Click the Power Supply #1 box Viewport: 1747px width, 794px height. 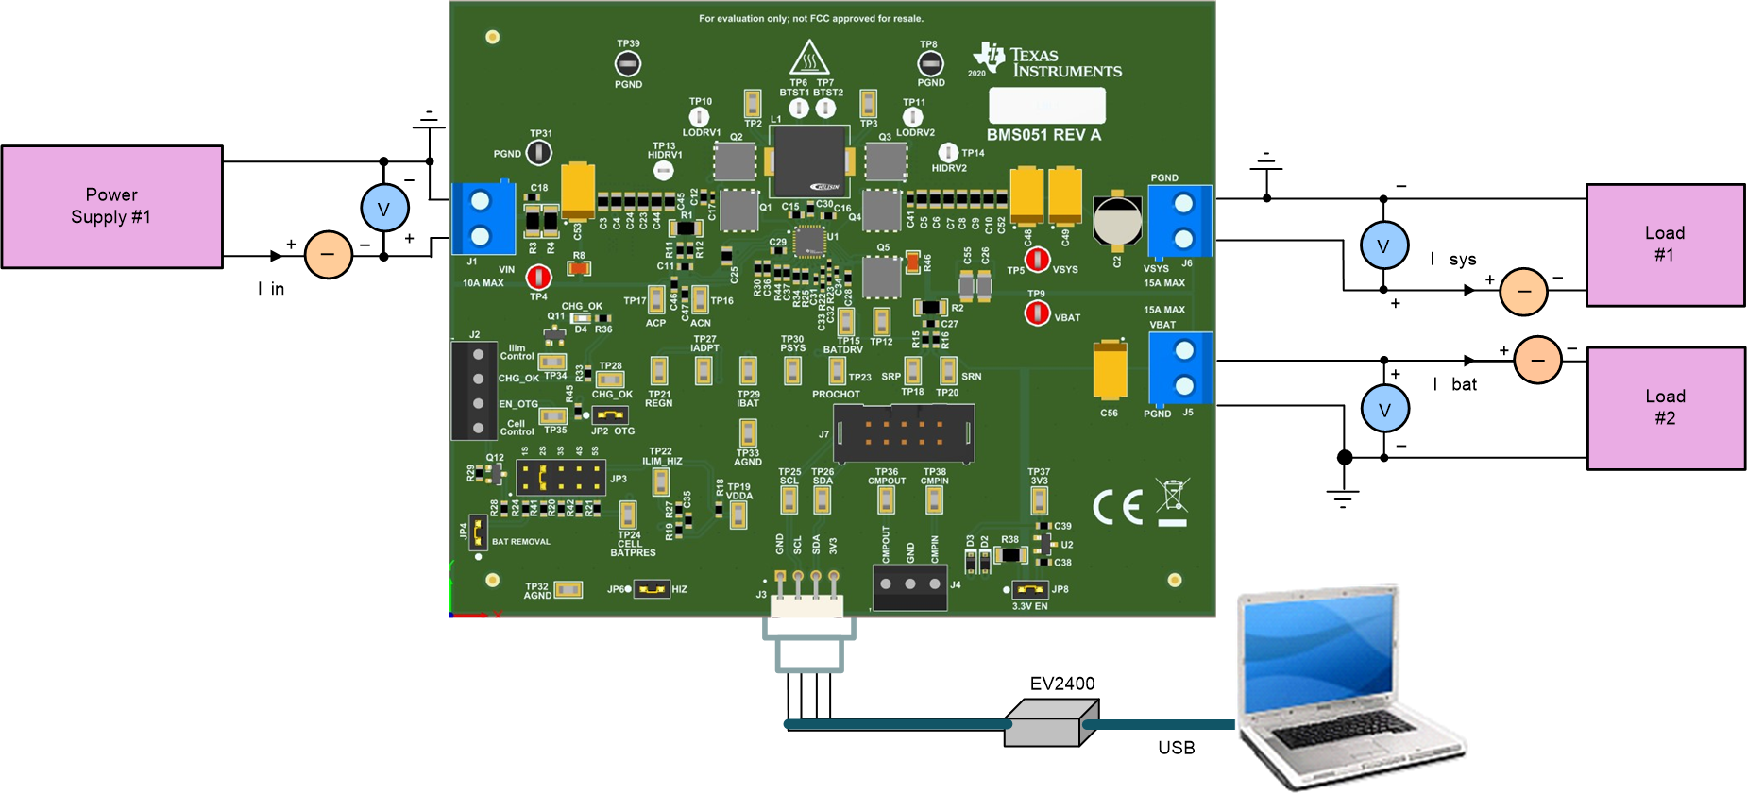pos(111,207)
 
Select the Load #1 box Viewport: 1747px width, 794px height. pos(1665,245)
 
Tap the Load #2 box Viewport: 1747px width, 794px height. pos(1666,408)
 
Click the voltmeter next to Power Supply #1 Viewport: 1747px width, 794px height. pos(384,209)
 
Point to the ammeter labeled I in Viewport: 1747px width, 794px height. pos(328,255)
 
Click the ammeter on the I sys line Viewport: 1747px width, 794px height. pos(1523,291)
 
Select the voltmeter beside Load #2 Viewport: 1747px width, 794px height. pos(1384,409)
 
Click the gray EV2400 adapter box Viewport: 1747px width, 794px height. pos(1050,723)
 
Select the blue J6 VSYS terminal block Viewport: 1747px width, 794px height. pos(1180,221)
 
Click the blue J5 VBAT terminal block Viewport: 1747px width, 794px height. pos(1180,368)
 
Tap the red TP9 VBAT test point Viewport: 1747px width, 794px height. pos(1037,312)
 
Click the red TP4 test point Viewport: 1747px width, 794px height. pos(538,277)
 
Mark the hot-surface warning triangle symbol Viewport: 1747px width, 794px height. pos(809,59)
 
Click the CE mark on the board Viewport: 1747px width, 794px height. pos(1118,507)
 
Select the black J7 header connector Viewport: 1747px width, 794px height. pos(904,433)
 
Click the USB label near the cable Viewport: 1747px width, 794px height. pos(1176,748)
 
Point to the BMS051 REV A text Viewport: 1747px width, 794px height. pos(1043,135)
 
